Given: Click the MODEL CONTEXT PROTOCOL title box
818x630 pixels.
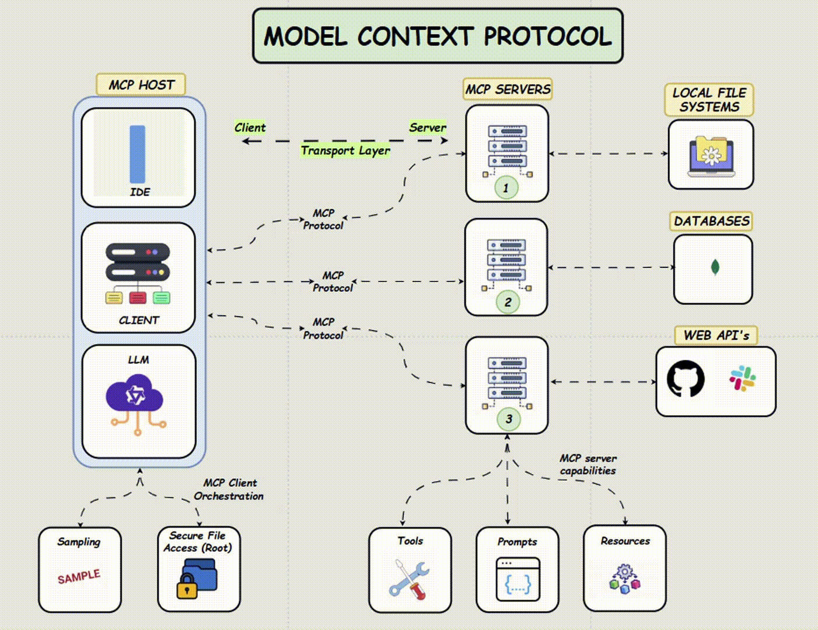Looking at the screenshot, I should click(438, 36).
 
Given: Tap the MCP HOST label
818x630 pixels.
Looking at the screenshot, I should click(141, 85).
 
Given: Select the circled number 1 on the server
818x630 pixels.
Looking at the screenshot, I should click(506, 188).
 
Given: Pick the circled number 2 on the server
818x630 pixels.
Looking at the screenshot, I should click(508, 302).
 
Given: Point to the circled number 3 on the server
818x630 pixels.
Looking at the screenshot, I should click(508, 419).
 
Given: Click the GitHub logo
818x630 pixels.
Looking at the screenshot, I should click(686, 379).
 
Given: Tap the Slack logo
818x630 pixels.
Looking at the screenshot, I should click(742, 378).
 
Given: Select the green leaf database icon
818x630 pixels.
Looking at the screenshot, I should click(715, 267).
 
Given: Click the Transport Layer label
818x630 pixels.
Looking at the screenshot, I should click(345, 151).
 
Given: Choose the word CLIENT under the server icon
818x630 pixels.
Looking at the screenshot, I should click(139, 321).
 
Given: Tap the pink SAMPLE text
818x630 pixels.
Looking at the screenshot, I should click(79, 577).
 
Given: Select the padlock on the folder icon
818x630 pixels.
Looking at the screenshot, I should click(187, 586).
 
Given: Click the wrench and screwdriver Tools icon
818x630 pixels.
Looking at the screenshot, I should click(410, 579).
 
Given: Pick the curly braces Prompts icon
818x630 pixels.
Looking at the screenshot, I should click(518, 580).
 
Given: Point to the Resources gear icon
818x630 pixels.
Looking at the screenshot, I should click(625, 579).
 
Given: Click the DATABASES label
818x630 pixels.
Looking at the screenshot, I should click(711, 221).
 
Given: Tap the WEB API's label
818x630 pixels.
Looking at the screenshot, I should click(716, 336).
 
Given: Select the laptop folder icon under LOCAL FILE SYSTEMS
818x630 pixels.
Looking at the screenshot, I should click(711, 156).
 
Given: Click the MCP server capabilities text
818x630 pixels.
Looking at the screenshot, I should click(588, 465).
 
